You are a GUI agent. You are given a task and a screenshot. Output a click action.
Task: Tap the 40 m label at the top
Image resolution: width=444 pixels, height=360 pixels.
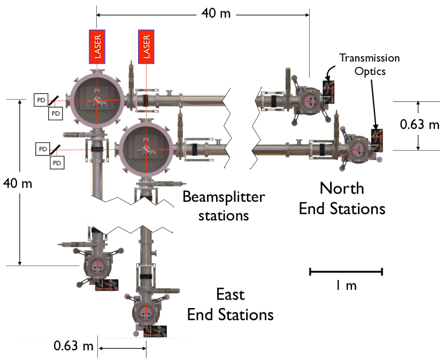point(216,13)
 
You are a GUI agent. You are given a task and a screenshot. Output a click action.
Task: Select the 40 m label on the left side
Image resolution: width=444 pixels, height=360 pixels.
point(18,184)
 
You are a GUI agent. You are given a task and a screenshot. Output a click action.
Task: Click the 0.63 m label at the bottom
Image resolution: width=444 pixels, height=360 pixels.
point(74,346)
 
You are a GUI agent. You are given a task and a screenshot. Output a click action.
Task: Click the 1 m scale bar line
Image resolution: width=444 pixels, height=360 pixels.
point(346,272)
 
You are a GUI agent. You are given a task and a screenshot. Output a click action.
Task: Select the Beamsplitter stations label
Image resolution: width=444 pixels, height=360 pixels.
point(224,206)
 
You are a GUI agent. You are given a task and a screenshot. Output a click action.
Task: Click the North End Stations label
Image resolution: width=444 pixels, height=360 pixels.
point(342,198)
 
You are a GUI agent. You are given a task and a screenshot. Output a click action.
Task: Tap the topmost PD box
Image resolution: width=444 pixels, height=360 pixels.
point(40,99)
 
